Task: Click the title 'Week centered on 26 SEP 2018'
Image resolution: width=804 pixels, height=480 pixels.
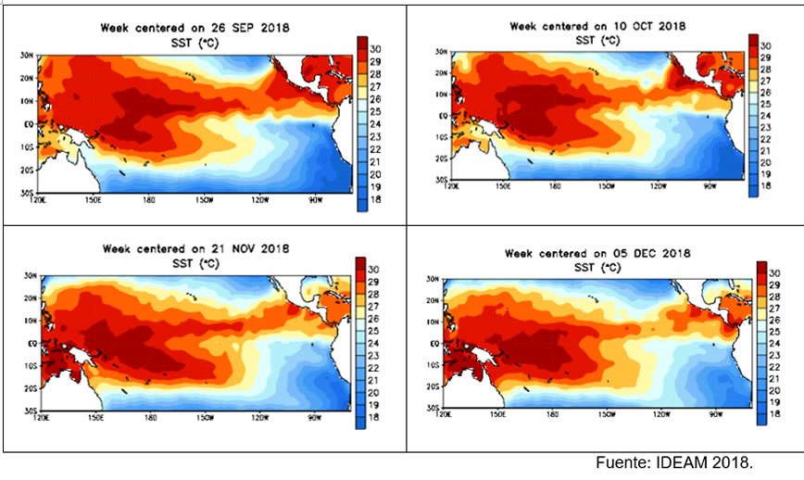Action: point(195,28)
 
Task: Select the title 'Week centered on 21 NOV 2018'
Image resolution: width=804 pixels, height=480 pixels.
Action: point(195,248)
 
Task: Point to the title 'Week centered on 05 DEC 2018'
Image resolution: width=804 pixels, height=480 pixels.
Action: point(597,252)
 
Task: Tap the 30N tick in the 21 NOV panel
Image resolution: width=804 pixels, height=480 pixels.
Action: point(27,276)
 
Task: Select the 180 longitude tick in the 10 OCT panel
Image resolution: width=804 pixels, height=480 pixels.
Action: point(555,186)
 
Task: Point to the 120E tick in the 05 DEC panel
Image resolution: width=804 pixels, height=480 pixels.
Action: point(451,414)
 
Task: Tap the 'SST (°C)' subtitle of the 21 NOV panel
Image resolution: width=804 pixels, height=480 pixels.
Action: point(195,261)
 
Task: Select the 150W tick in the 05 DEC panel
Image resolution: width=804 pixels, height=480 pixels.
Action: point(607,414)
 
